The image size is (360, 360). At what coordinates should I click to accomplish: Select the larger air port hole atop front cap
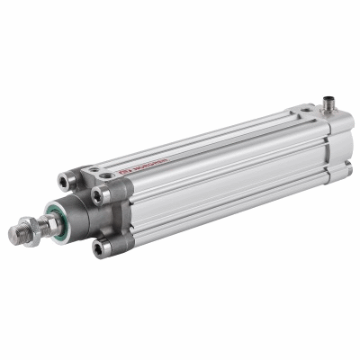pyautogui.click(x=107, y=174)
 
